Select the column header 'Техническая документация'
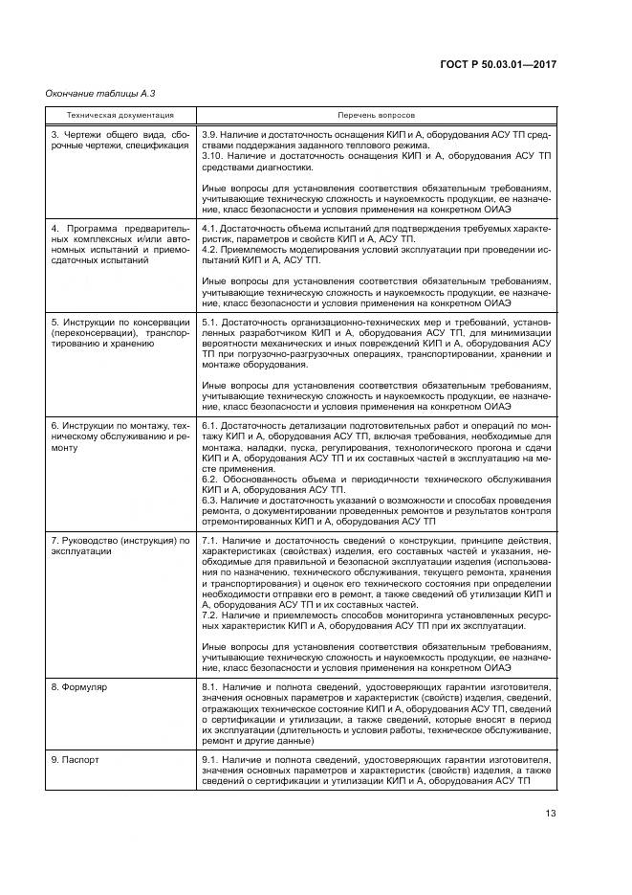(106, 114)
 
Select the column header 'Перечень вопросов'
(376, 114)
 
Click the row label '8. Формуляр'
(78, 688)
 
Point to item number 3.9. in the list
(212, 134)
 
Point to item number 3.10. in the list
(214, 155)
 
